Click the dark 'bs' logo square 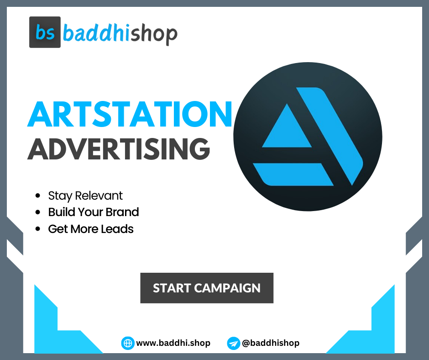(45, 32)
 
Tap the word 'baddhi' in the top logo (96, 33)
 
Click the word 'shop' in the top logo (153, 34)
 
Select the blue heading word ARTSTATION (130, 115)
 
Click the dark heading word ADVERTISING (119, 148)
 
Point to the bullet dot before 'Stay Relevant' (38, 196)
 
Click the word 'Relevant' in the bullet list (99, 196)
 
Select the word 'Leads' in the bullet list (118, 229)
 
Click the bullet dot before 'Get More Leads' (38, 229)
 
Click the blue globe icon (128, 343)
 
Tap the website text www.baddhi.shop (173, 343)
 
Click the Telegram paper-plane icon (233, 343)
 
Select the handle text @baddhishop (270, 343)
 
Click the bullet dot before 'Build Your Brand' (38, 213)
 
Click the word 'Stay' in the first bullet (60, 196)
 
